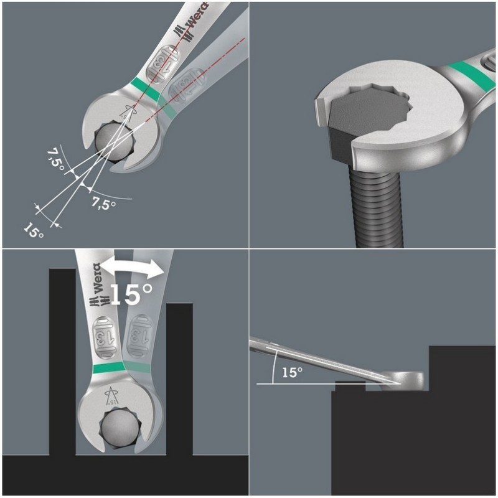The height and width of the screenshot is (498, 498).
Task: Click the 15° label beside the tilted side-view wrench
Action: pos(291,372)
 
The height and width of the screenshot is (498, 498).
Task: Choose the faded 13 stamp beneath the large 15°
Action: pos(139,336)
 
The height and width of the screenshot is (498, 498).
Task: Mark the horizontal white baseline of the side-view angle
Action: pos(293,383)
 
